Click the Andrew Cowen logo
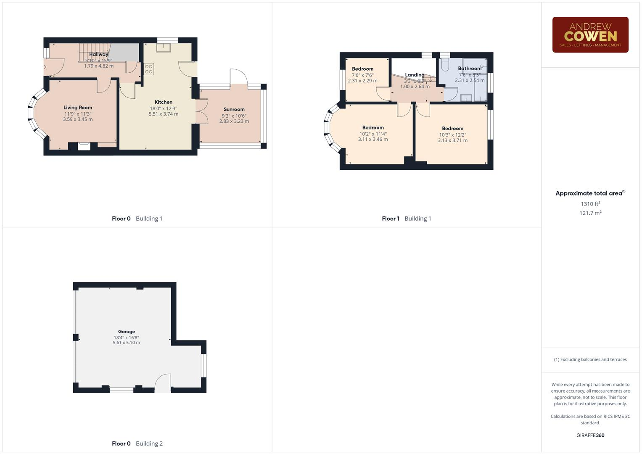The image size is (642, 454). click(590, 34)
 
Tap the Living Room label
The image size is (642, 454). click(78, 108)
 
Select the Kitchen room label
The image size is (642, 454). click(163, 102)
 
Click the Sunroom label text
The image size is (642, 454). click(234, 109)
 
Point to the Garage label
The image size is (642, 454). click(126, 332)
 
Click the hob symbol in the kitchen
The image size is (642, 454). click(149, 69)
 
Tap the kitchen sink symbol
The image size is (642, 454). click(163, 47)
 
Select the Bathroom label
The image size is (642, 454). click(469, 69)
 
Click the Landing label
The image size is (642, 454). click(415, 75)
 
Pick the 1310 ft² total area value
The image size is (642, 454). click(590, 204)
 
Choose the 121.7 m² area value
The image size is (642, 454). click(590, 213)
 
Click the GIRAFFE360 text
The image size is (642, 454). click(590, 436)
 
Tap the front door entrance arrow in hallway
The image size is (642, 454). click(44, 66)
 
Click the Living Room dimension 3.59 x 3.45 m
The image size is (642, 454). click(78, 119)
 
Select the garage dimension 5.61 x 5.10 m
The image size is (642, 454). click(126, 343)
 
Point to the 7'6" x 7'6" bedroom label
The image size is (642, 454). click(362, 75)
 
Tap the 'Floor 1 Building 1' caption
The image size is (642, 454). click(406, 219)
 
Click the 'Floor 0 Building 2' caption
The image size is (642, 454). click(137, 443)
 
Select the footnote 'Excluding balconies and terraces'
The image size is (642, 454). click(590, 359)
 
